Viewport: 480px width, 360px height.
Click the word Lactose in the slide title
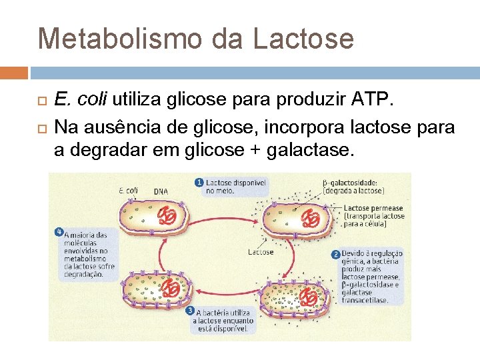(x=303, y=39)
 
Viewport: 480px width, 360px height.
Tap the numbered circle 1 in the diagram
(x=199, y=182)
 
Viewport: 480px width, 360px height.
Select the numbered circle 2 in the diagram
(x=336, y=254)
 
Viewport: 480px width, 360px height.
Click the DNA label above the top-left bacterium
(x=161, y=191)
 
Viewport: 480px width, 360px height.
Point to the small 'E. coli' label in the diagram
(x=128, y=190)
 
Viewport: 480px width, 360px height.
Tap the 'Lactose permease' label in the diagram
(x=373, y=209)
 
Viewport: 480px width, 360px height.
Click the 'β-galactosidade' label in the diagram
(x=350, y=182)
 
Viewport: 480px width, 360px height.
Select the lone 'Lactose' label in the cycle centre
(x=261, y=252)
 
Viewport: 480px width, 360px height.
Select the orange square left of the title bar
(x=14, y=72)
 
